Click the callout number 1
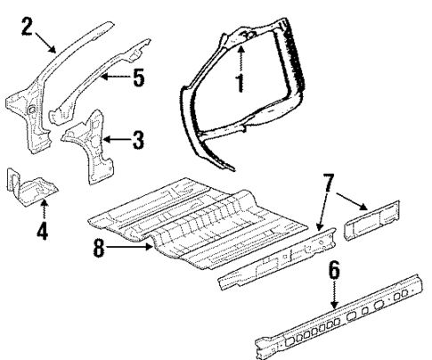click(239, 83)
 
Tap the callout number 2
click(28, 24)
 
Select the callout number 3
click(135, 139)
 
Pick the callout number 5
click(137, 78)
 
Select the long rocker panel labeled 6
click(338, 317)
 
